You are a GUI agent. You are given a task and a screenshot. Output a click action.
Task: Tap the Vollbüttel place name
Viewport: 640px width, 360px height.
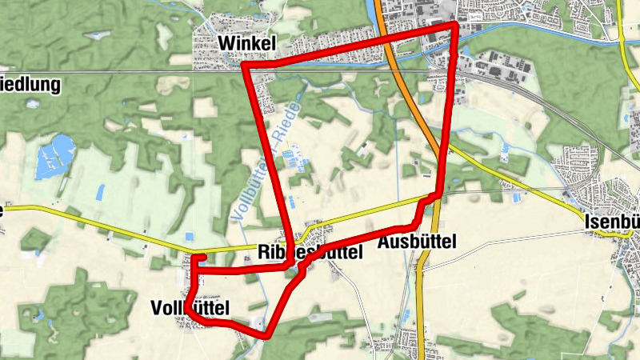click(190, 307)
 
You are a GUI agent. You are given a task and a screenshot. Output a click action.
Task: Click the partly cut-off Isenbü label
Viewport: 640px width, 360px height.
click(612, 222)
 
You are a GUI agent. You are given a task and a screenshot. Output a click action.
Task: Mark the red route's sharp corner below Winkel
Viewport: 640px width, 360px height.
click(244, 66)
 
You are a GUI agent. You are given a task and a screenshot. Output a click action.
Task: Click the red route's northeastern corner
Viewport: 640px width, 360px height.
click(456, 26)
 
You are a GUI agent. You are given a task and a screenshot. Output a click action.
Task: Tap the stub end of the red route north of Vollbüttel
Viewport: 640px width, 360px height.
click(203, 257)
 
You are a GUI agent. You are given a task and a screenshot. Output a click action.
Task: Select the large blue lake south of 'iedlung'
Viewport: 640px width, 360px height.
click(54, 152)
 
